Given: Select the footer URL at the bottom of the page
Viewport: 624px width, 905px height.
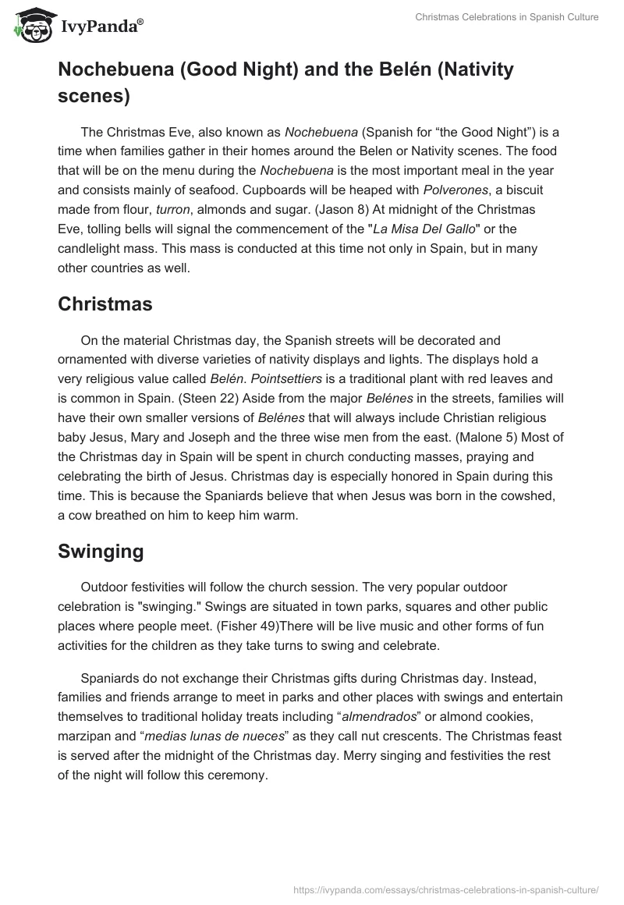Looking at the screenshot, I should coord(447,888).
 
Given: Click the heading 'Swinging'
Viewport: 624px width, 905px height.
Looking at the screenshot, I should coord(101,552).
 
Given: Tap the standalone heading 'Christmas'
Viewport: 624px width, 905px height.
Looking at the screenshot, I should coord(105,304).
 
